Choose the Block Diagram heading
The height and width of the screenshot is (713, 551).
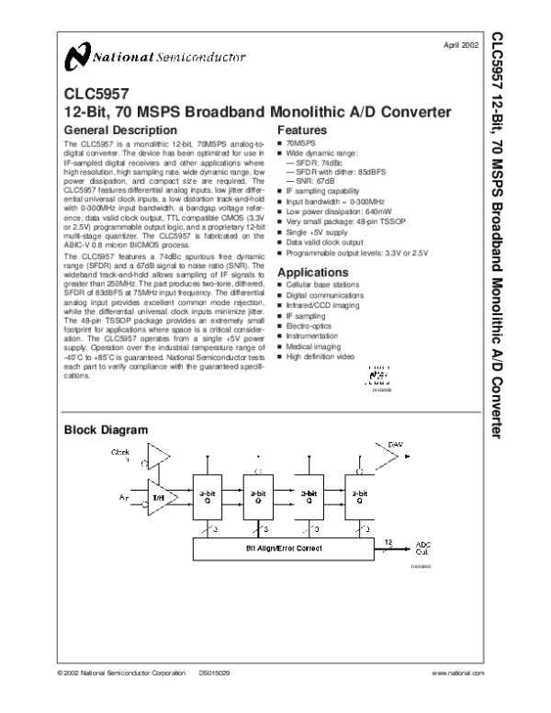(106, 430)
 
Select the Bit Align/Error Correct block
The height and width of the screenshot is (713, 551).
(282, 549)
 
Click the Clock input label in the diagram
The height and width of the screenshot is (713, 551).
(120, 455)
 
